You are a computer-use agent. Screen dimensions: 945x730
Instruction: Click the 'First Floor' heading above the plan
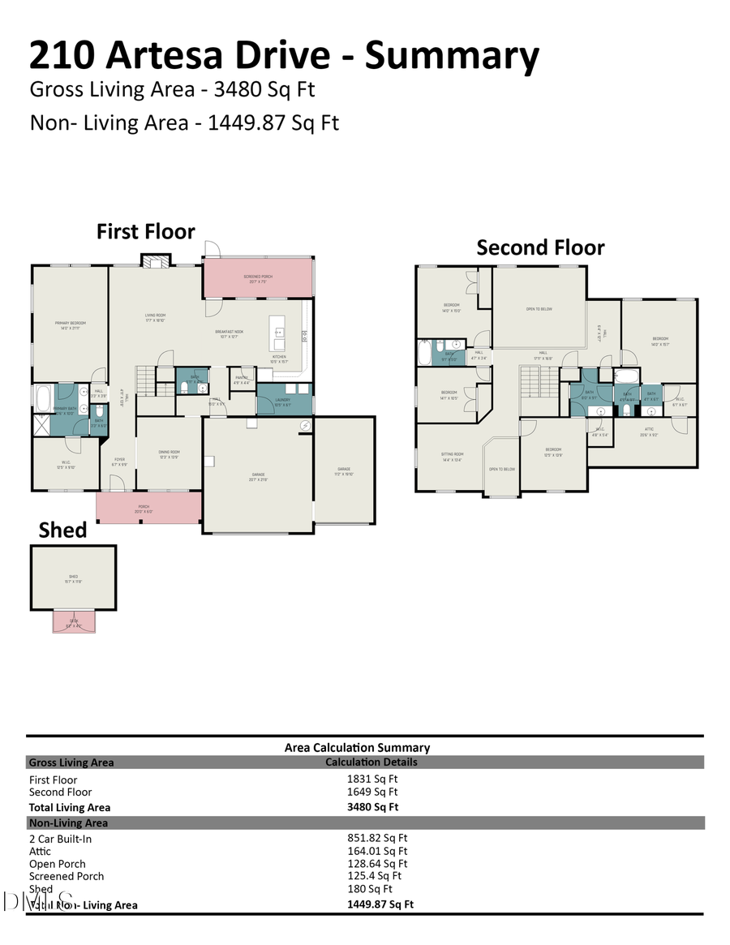click(146, 231)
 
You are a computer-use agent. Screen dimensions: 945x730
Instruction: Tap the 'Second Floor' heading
click(540, 247)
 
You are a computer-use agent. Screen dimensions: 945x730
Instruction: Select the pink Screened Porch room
click(258, 279)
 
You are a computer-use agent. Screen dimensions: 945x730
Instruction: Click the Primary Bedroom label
click(71, 324)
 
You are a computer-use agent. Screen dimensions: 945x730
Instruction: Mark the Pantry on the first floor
click(242, 379)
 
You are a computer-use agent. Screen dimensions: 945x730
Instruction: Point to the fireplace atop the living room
click(156, 260)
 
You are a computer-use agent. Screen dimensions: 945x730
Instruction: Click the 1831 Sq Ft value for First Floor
click(372, 779)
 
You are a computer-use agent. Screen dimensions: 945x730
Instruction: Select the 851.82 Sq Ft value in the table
click(377, 838)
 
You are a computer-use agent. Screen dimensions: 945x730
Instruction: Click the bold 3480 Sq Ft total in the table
click(372, 807)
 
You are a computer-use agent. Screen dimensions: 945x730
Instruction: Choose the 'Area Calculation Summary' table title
click(357, 748)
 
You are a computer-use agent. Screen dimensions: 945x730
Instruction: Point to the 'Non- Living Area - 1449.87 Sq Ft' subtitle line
click(184, 122)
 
